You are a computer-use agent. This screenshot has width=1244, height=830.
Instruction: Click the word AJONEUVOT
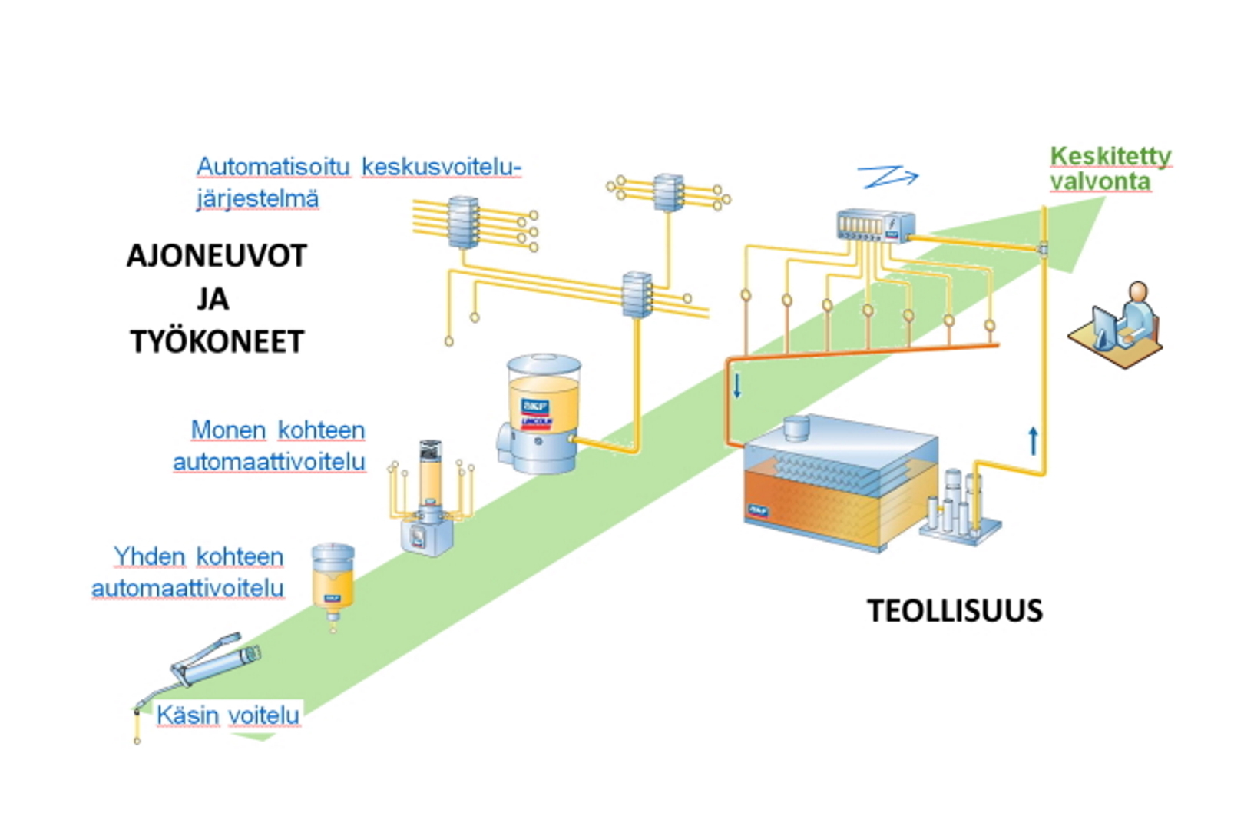coord(217,255)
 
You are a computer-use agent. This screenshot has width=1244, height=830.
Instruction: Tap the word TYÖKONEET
coord(217,341)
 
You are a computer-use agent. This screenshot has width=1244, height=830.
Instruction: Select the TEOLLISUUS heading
coord(955,611)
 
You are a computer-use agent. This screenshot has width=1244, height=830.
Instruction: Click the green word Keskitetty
coord(1110,156)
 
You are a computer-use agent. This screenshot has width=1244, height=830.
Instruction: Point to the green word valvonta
coord(1100,182)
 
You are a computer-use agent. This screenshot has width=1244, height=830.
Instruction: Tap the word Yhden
coord(150,556)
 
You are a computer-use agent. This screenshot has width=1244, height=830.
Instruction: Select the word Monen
coord(228,430)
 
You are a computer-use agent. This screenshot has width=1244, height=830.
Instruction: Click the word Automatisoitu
coord(273,166)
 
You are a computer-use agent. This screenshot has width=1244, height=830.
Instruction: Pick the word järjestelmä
coord(257,198)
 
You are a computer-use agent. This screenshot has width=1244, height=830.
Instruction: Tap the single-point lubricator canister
coord(333,580)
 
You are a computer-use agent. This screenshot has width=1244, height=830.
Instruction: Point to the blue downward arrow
coord(737,385)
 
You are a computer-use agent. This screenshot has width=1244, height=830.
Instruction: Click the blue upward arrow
coord(1033,440)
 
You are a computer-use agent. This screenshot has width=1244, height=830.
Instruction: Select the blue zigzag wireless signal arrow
coord(887,177)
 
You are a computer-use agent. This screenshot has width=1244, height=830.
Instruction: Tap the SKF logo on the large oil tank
coord(758,510)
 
